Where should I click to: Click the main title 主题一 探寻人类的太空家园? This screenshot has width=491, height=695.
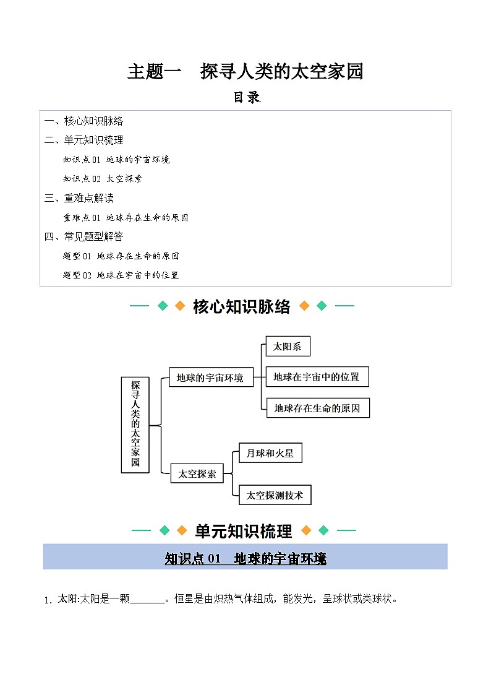[x=245, y=72]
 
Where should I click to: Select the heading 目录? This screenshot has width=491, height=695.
[x=246, y=97]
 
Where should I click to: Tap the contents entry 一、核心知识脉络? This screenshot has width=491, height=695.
[x=84, y=121]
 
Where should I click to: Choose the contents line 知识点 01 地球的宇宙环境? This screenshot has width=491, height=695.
[x=116, y=160]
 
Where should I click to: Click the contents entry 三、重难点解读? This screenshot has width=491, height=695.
[x=79, y=198]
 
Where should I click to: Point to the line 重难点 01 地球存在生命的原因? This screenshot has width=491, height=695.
[x=126, y=218]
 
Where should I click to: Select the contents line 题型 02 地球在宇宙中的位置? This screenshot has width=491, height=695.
[x=121, y=275]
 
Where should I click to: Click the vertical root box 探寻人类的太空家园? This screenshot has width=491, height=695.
[x=135, y=425]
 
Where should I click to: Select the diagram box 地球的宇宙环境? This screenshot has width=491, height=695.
[x=210, y=377]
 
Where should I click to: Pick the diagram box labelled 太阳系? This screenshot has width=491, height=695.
[x=288, y=347]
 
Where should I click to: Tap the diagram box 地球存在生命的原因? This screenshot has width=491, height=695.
[x=317, y=408]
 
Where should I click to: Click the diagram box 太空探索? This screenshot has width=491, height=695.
[x=197, y=473]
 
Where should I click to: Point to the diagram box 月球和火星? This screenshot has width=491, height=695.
[x=270, y=453]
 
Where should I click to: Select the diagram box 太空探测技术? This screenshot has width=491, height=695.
[x=275, y=494]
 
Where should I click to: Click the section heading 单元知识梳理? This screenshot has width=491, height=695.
[x=244, y=531]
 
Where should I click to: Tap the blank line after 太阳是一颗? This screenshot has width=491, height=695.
[x=148, y=599]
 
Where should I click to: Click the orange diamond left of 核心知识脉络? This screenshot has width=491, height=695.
[x=180, y=306]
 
